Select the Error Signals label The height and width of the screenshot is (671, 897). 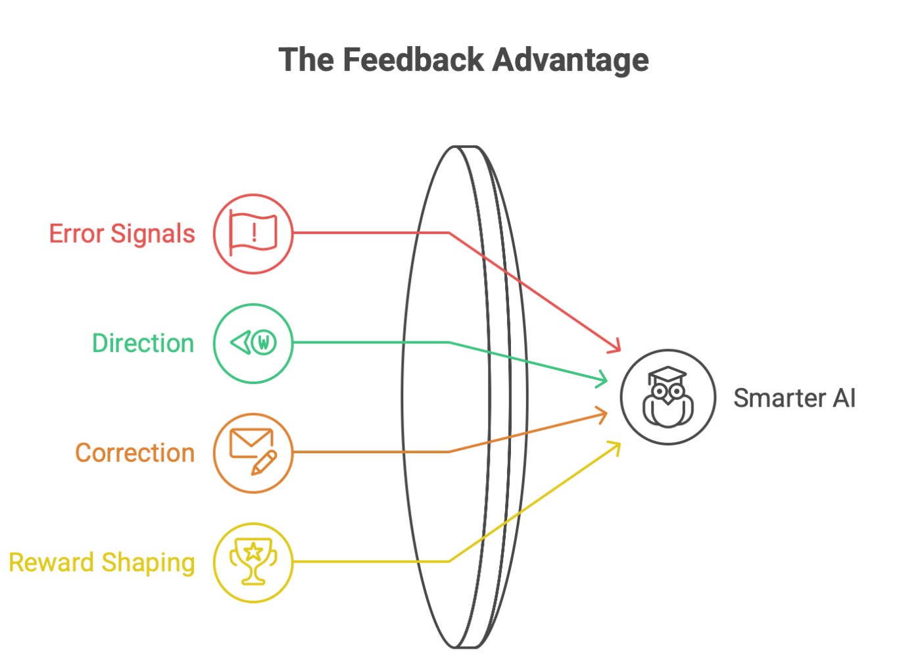tap(122, 234)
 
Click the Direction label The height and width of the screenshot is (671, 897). tap(143, 343)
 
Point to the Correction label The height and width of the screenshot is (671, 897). tap(135, 453)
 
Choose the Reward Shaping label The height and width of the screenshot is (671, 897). tap(102, 562)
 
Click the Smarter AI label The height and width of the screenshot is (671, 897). tap(794, 398)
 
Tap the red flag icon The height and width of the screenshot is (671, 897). tap(253, 234)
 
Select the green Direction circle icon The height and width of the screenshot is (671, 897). tap(253, 343)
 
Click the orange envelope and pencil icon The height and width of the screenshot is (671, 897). tap(253, 453)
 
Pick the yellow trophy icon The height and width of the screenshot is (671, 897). tap(253, 562)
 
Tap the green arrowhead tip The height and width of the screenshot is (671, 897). tap(607, 380)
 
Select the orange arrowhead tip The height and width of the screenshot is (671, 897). tap(606, 413)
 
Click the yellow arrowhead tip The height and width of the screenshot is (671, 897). tap(619, 444)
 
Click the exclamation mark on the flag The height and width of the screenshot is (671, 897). tap(254, 231)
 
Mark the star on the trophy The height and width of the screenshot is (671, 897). tap(253, 551)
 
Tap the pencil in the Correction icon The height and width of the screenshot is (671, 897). tap(264, 462)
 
